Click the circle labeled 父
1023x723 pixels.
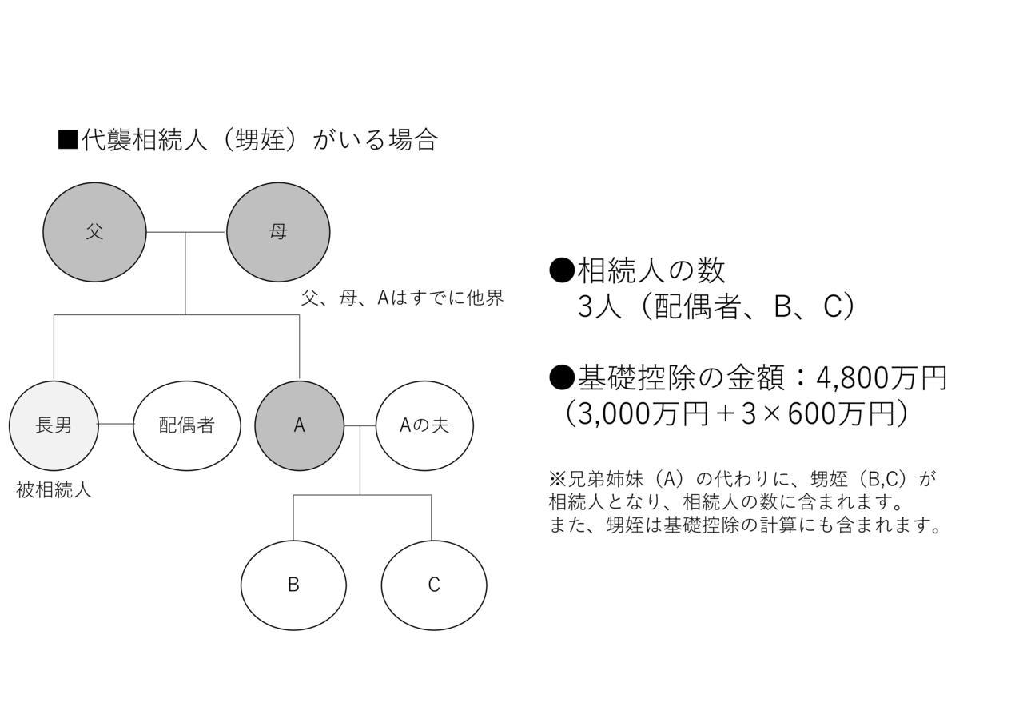(x=94, y=232)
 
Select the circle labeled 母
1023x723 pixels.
(x=278, y=232)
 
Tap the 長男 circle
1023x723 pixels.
(x=54, y=426)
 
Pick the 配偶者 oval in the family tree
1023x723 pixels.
(x=187, y=426)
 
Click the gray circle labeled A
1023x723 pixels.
(x=299, y=426)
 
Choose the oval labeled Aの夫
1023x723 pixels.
(x=424, y=426)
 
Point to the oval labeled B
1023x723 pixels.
(x=293, y=585)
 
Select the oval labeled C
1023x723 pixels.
(x=434, y=585)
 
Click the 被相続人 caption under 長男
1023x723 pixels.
(x=54, y=490)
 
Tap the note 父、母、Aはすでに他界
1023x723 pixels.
(x=402, y=298)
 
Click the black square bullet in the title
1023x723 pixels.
(x=68, y=140)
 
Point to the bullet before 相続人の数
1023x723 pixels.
(x=561, y=270)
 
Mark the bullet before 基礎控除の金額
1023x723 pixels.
(x=561, y=377)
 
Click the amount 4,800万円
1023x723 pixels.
(x=882, y=378)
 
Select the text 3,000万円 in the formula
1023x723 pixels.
(x=643, y=414)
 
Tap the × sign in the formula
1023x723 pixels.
(x=772, y=414)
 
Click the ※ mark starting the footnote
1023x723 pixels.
(x=557, y=480)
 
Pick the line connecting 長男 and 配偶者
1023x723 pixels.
(x=116, y=424)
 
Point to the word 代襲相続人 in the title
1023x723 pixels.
(x=145, y=140)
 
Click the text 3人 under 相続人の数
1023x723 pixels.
(x=599, y=306)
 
